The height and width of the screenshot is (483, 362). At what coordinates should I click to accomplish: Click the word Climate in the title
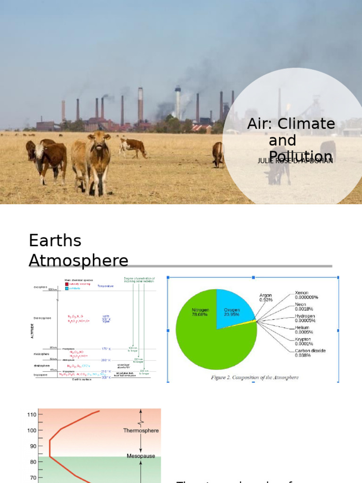pyautogui.click(x=306, y=124)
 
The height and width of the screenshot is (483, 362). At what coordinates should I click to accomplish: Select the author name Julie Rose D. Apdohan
pyautogui.click(x=296, y=161)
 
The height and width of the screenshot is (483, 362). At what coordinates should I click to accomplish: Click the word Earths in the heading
pyautogui.click(x=55, y=241)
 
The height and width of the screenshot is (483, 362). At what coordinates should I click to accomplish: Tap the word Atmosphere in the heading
pyautogui.click(x=79, y=260)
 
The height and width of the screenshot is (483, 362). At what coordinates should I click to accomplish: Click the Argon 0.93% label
pyautogui.click(x=266, y=298)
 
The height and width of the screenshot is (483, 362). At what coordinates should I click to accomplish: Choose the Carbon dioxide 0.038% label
pyautogui.click(x=310, y=353)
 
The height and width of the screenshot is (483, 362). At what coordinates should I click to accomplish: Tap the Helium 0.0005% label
pyautogui.click(x=304, y=330)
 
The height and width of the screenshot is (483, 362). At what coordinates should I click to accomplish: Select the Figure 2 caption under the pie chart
pyautogui.click(x=254, y=377)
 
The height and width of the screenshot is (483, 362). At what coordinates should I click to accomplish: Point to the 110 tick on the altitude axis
pyautogui.click(x=32, y=415)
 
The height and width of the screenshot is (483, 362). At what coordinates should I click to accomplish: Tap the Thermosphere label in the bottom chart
pyautogui.click(x=141, y=431)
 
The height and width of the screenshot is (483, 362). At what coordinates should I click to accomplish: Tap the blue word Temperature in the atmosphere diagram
pyautogui.click(x=106, y=286)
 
